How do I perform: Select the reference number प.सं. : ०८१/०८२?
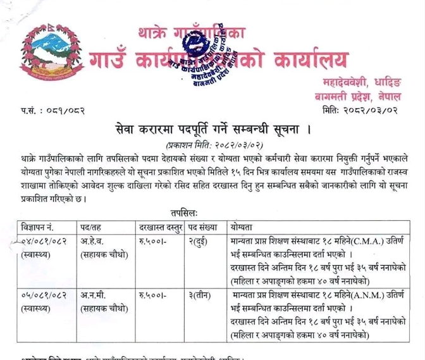pyautogui.click(x=52, y=111)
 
